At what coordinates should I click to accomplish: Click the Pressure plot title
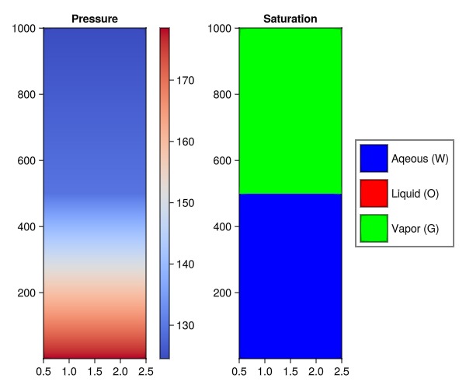tap(94, 18)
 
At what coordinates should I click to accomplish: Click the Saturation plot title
tap(290, 18)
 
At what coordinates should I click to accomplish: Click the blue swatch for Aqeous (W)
tap(374, 159)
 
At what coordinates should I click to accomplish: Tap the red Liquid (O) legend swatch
tap(374, 194)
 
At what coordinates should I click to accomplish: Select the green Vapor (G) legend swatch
tap(374, 229)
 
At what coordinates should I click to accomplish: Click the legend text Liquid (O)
tap(416, 194)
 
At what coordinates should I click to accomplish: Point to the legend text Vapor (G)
tap(416, 229)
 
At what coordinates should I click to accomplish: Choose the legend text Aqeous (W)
tap(420, 159)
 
